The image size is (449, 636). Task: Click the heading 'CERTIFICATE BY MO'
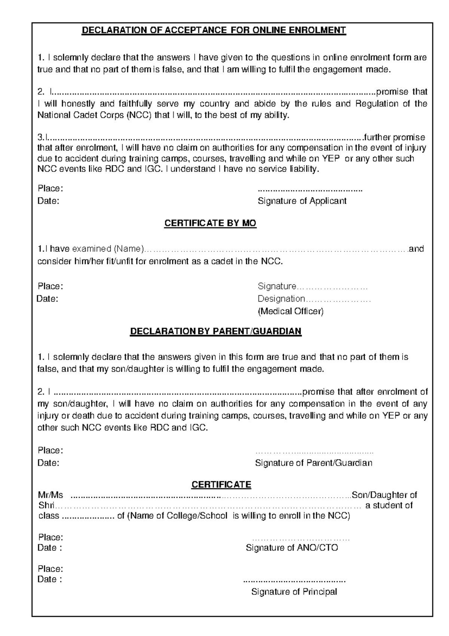pos(210,223)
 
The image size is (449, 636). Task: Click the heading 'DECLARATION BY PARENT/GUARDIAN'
pos(216,331)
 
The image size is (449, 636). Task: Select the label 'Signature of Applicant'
pos(302,201)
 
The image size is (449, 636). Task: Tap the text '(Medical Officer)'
pos(291,311)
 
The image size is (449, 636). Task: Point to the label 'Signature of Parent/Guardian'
pos(314,463)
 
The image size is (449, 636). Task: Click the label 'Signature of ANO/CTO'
pos(292,548)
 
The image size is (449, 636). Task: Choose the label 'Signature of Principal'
pos(294,592)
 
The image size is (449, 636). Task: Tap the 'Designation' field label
pos(281,299)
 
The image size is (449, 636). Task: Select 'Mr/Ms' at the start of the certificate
pos(51,495)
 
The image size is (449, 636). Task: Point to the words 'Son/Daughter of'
pos(385,495)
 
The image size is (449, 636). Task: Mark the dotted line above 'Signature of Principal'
pos(294,582)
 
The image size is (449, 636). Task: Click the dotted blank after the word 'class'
pos(88,516)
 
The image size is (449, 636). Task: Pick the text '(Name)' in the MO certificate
pos(129,249)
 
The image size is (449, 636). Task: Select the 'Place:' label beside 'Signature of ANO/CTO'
pos(50,537)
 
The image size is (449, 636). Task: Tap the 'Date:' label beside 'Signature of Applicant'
pos(48,201)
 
